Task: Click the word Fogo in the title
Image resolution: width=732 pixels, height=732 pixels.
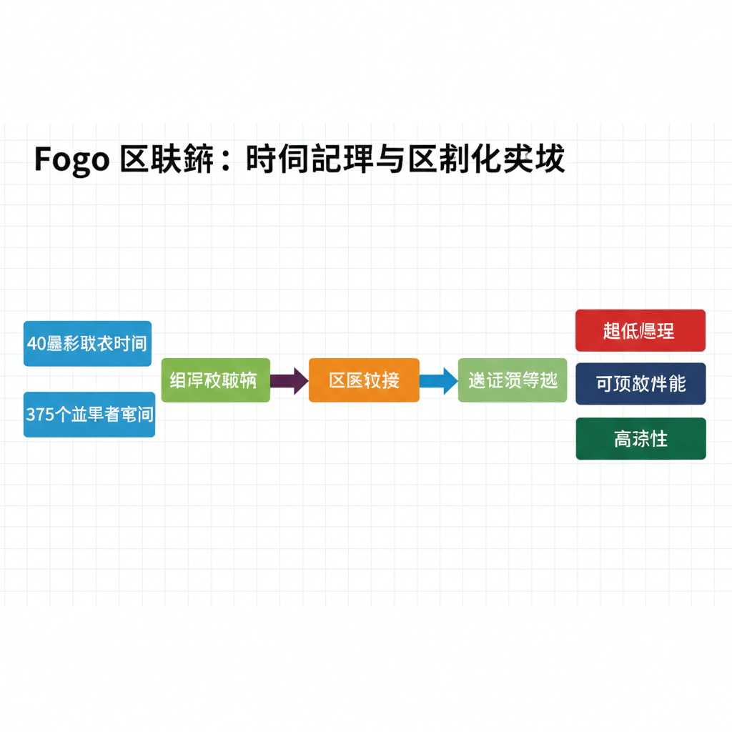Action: [x=71, y=160]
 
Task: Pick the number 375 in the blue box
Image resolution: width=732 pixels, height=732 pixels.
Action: [x=40, y=414]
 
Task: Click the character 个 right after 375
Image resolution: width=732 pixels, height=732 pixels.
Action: [x=63, y=414]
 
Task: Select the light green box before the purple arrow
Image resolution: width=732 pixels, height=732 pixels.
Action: [x=215, y=380]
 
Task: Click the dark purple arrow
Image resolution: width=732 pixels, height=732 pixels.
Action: [x=289, y=380]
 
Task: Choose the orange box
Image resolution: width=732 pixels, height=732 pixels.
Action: [x=364, y=380]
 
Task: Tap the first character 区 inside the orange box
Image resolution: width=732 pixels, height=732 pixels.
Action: [x=337, y=380]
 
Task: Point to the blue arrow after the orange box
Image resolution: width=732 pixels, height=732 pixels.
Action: [x=438, y=380]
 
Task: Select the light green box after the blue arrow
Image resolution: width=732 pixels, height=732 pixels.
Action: [x=513, y=380]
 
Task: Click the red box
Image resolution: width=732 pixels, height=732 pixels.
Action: [x=640, y=330]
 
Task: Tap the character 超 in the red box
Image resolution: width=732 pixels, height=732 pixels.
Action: [x=612, y=331]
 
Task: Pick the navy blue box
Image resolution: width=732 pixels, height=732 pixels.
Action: [x=640, y=384]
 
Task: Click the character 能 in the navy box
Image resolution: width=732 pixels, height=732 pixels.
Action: [x=677, y=384]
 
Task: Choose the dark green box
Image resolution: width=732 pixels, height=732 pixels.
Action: [x=640, y=438]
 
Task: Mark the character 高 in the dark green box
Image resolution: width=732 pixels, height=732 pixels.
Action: [x=622, y=439]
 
